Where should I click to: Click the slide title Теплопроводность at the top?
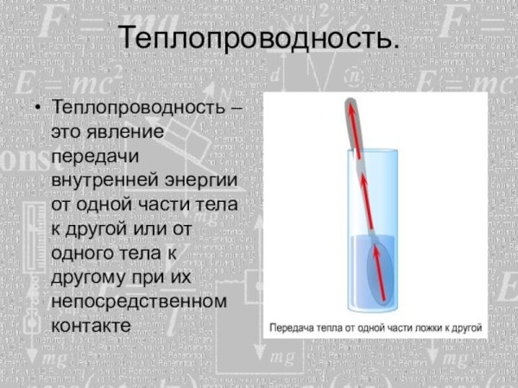point(258,38)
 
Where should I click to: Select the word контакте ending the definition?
point(91,327)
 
